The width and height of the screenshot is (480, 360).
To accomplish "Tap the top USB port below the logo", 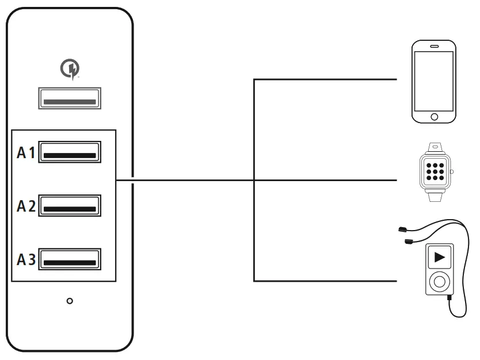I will point(70,98).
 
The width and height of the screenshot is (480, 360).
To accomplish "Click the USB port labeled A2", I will point(70,206).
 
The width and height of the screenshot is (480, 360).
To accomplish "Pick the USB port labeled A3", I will point(70,259).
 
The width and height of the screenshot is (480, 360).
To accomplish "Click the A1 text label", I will point(26,153).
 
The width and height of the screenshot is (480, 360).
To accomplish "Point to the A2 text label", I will point(26,206).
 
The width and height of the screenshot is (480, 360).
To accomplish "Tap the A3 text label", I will point(26,260).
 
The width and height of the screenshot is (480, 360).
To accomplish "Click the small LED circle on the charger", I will point(70,301).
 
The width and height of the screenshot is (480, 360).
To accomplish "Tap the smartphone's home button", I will point(435,117).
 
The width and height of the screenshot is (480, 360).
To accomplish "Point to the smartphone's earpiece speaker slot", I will point(435,46).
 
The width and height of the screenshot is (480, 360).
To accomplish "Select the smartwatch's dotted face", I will point(435,171).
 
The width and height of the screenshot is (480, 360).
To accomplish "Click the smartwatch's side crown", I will point(452,171).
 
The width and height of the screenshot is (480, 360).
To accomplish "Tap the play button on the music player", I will point(439,256).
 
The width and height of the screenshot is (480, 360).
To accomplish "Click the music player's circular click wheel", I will point(439,282).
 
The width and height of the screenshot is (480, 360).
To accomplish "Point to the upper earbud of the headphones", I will point(402,230).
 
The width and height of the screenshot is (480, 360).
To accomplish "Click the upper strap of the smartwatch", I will point(435,147).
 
